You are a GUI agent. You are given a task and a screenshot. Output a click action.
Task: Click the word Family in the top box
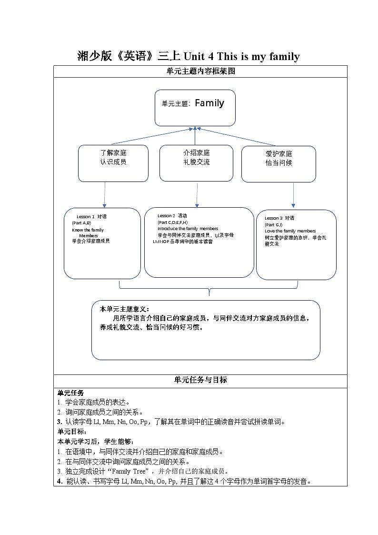[209, 103]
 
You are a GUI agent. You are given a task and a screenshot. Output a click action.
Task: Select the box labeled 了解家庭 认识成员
[113, 163]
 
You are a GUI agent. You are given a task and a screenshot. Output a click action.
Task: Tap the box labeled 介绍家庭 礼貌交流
[196, 163]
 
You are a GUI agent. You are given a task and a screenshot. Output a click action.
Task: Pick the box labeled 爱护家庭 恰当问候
[279, 164]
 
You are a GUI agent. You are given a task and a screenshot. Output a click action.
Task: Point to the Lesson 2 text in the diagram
[166, 216]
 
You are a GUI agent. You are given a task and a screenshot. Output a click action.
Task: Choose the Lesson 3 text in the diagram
[274, 218]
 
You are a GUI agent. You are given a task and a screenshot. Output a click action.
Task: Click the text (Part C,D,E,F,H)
[172, 222]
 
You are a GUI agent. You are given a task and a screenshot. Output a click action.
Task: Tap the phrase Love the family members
[290, 231]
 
